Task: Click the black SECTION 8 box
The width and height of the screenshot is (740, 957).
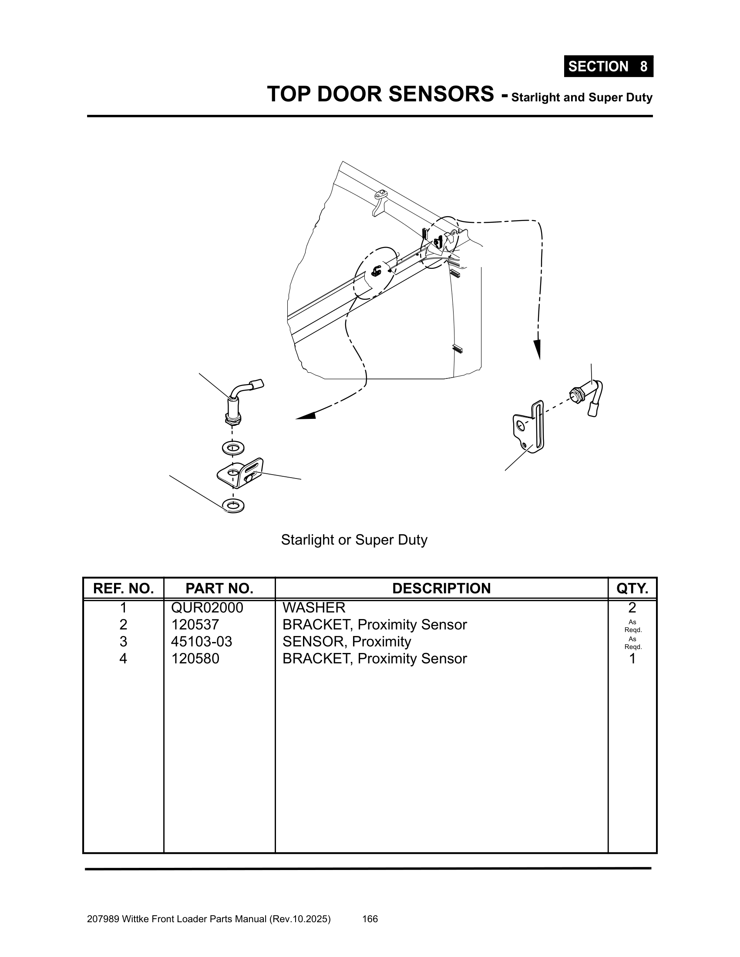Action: [608, 67]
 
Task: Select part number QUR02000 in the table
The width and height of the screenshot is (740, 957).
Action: [207, 608]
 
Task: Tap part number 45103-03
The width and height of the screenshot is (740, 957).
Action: [201, 642]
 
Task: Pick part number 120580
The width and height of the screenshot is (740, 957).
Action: [195, 659]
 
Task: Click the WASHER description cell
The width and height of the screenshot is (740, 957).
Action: [314, 608]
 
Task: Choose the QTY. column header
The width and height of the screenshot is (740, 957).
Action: [632, 588]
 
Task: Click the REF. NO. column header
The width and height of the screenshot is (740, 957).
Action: [123, 588]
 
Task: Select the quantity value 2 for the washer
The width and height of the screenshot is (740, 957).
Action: [632, 608]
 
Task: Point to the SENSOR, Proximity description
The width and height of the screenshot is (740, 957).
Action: [347, 642]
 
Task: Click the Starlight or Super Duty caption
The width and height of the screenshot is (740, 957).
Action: [354, 540]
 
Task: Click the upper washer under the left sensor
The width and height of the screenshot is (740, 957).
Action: [233, 448]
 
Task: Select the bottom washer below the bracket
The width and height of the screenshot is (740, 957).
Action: [233, 505]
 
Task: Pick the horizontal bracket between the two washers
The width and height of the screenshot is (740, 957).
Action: [240, 473]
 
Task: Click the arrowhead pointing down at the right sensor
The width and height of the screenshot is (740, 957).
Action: [537, 350]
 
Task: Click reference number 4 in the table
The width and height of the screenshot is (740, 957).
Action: [123, 659]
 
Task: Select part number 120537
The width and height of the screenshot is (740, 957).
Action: [195, 624]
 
